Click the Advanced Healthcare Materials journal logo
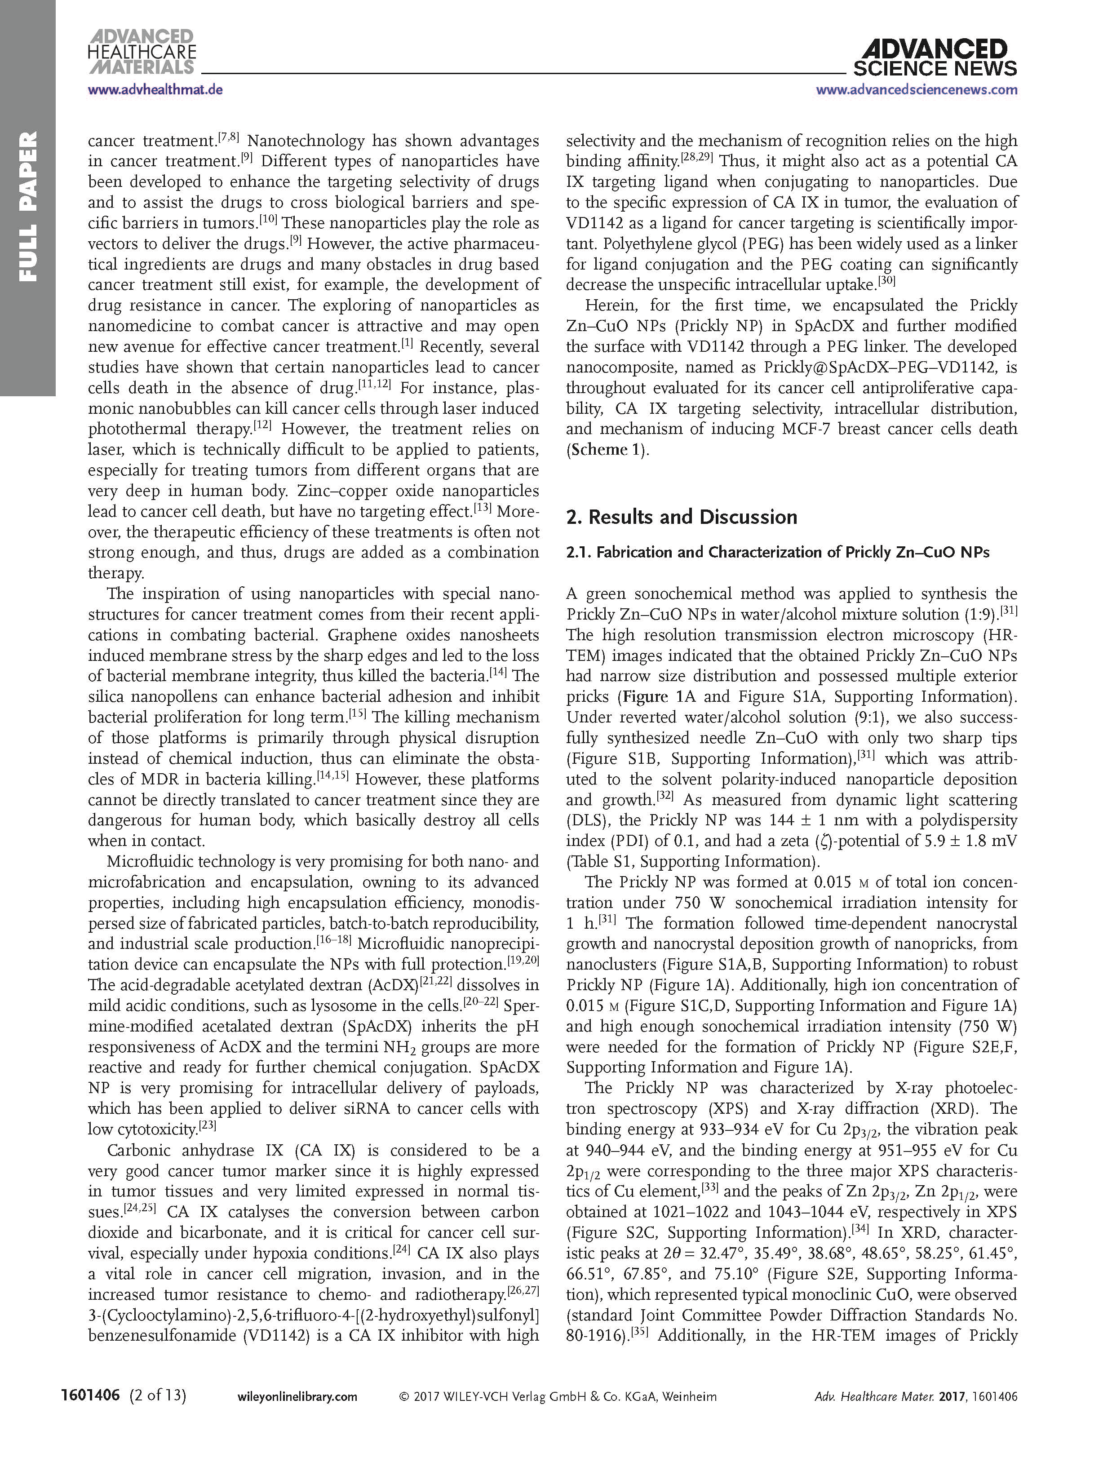pyautogui.click(x=142, y=51)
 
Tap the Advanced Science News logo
pyautogui.click(x=935, y=58)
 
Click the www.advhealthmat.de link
pyautogui.click(x=155, y=89)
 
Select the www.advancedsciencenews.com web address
pyautogui.click(x=917, y=89)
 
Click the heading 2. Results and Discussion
pyautogui.click(x=681, y=517)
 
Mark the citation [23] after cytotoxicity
pyautogui.click(x=208, y=1126)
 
